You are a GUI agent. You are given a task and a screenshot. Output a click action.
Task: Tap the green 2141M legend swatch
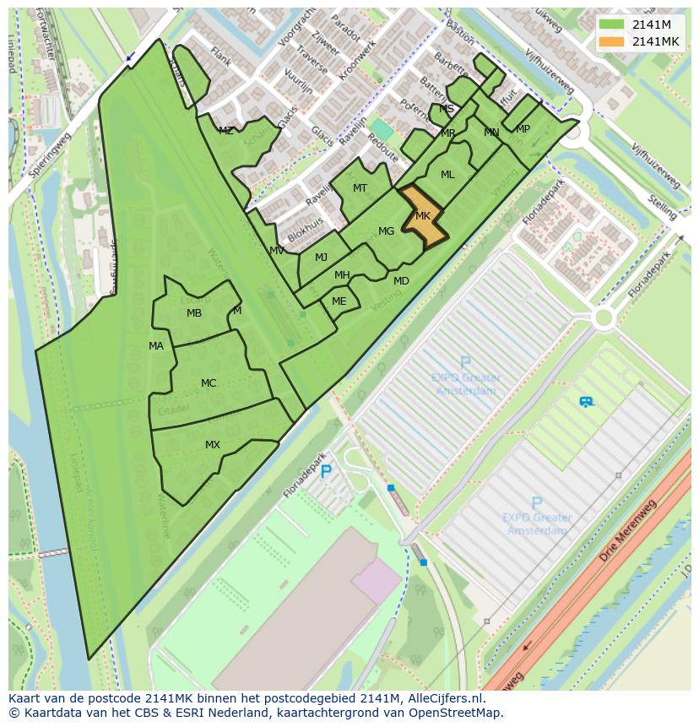(x=613, y=24)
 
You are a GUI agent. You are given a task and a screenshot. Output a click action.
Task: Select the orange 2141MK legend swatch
(x=613, y=41)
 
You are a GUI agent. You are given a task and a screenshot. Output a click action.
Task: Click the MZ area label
(x=225, y=131)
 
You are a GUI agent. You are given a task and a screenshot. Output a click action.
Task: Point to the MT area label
(x=360, y=188)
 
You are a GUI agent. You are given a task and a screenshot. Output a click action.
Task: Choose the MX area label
(x=213, y=445)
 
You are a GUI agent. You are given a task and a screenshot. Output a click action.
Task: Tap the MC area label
(x=209, y=383)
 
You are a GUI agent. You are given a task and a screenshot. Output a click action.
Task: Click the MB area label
(x=194, y=313)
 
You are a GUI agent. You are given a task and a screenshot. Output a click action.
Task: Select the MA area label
(x=156, y=346)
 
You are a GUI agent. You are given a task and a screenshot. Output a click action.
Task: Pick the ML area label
(x=447, y=175)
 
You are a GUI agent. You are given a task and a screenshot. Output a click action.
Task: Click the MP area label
(x=523, y=129)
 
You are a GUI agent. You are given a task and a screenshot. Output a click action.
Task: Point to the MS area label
(x=447, y=109)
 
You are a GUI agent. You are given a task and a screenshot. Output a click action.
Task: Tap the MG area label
(x=386, y=231)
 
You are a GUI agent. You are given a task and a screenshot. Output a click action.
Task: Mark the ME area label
(x=339, y=301)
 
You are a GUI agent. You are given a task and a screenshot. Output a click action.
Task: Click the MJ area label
(x=321, y=258)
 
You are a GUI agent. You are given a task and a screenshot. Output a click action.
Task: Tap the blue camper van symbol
(x=586, y=402)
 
